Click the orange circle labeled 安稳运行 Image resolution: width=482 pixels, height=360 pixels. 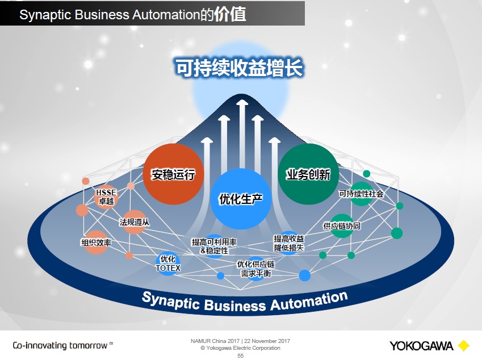tap(173, 174)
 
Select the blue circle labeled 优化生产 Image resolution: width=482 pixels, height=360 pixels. tap(241, 199)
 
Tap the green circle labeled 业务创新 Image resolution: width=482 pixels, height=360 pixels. tap(308, 174)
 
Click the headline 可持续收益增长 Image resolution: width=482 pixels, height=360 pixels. tap(238, 68)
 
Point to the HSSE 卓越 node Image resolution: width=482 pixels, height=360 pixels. tap(106, 196)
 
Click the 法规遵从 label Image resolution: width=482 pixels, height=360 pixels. tap(135, 222)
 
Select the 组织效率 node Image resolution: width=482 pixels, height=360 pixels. tap(96, 242)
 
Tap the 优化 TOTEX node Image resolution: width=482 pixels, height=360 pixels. tap(167, 264)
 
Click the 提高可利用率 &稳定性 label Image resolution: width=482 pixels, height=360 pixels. tap(214, 246)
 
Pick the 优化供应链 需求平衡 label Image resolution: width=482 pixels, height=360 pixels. tap(255, 269)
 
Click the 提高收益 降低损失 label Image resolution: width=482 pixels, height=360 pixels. tap(289, 243)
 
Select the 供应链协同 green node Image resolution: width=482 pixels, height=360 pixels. tap(342, 225)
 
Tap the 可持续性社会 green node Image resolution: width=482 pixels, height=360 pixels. tap(361, 194)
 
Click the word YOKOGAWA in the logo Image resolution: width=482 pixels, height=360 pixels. tap(421, 345)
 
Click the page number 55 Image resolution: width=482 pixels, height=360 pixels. tap(240, 355)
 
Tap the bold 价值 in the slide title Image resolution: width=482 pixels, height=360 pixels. tap(230, 14)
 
